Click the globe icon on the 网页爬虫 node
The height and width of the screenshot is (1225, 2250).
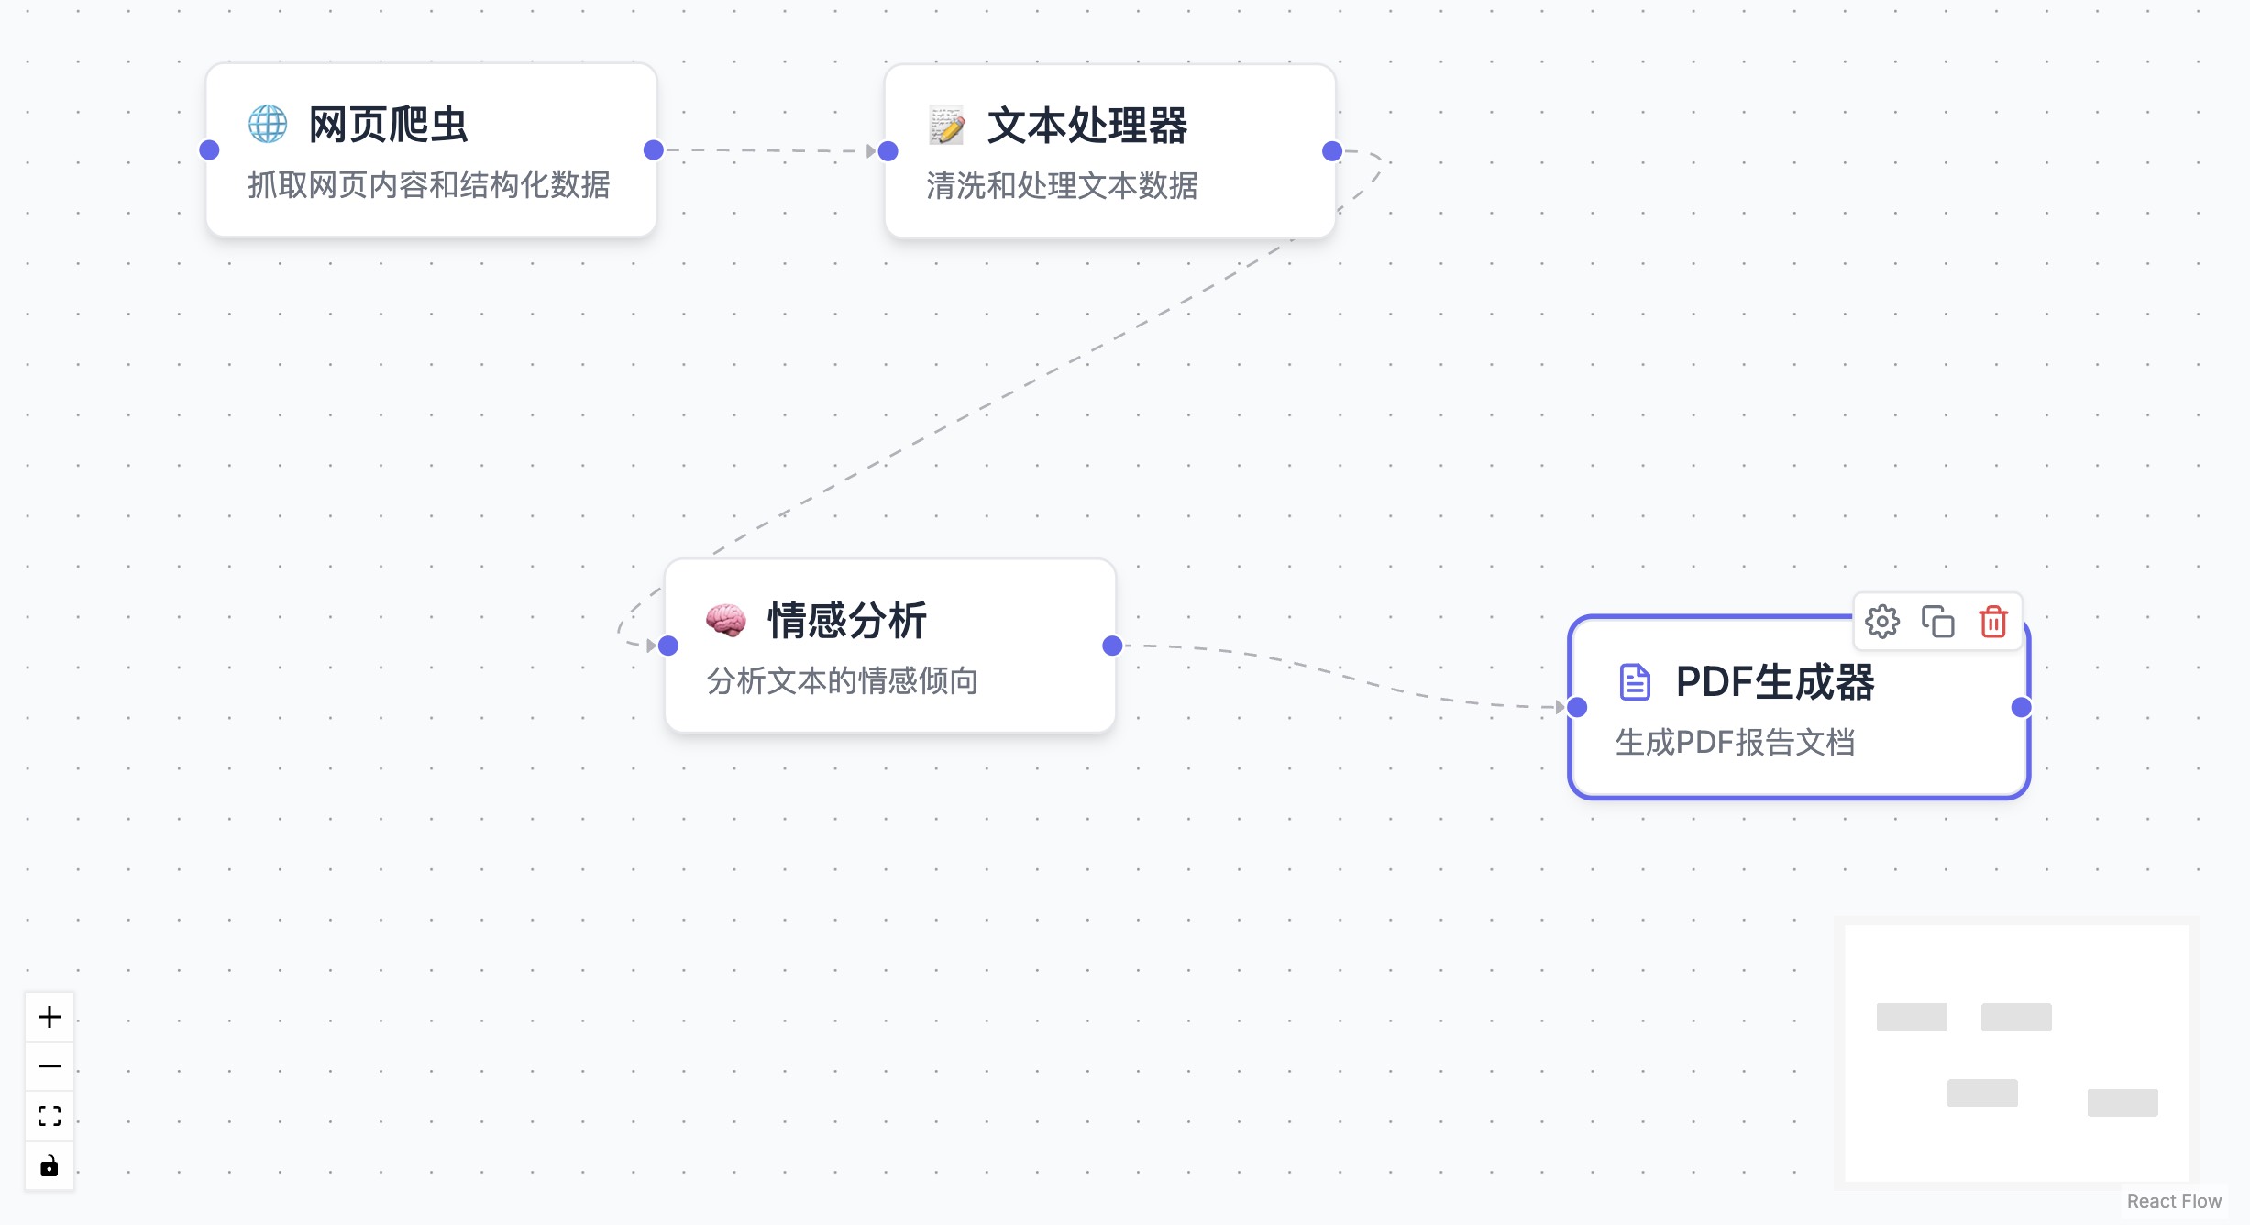268,124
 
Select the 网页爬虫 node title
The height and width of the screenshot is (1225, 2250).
388,125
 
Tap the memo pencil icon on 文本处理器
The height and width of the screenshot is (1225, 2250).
947,126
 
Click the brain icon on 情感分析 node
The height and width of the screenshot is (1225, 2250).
725,621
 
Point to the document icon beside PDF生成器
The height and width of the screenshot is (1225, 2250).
1635,682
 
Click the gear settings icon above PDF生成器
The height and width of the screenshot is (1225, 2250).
1882,622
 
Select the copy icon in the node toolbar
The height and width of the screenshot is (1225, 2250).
1937,622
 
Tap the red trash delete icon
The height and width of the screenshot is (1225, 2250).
1993,622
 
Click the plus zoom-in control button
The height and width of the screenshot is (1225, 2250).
50,1017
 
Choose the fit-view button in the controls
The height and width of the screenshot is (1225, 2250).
50,1116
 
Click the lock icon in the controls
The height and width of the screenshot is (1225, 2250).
50,1165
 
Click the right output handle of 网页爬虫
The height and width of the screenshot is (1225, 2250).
654,150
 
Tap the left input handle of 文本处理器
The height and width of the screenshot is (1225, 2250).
888,151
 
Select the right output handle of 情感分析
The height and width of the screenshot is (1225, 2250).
1112,646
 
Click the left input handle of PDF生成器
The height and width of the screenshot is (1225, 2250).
1577,707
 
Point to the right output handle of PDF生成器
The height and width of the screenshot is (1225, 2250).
2021,707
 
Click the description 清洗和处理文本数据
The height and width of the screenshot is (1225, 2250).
1062,186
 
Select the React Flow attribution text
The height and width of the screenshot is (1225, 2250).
2174,1201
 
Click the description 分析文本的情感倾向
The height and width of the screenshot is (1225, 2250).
842,681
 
